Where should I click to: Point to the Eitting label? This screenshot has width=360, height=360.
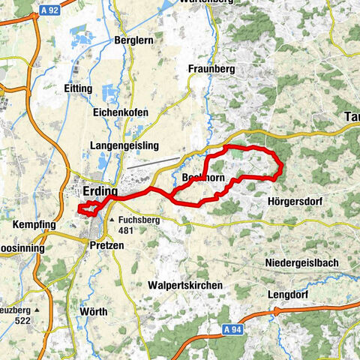pyautogui.click(x=78, y=88)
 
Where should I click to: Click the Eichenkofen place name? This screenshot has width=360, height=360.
pyautogui.click(x=121, y=112)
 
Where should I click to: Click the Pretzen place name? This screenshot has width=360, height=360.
pyautogui.click(x=106, y=245)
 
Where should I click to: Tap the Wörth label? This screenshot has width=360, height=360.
pyautogui.click(x=93, y=310)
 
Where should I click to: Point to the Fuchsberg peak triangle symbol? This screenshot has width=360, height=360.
pyautogui.click(x=112, y=220)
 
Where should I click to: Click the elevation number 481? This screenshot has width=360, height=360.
pyautogui.click(x=126, y=230)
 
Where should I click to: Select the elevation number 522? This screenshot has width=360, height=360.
pyautogui.click(x=28, y=320)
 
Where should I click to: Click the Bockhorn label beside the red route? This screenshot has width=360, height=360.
pyautogui.click(x=203, y=178)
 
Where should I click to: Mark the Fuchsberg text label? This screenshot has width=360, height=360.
pyautogui.click(x=136, y=220)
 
